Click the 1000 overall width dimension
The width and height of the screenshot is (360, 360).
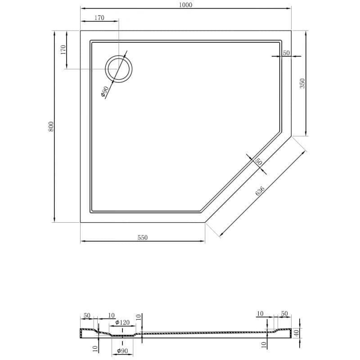point(185,5)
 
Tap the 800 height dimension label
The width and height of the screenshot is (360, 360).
point(51,126)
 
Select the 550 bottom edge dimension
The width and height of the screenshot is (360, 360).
point(143,238)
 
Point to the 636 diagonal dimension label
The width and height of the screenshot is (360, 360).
point(260,191)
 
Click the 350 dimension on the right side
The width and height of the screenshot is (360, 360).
point(302,83)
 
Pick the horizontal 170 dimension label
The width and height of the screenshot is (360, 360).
point(99,18)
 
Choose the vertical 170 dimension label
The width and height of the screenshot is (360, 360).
point(63,49)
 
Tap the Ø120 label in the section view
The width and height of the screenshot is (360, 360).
point(122,323)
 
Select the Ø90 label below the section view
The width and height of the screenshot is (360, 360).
point(122,351)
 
